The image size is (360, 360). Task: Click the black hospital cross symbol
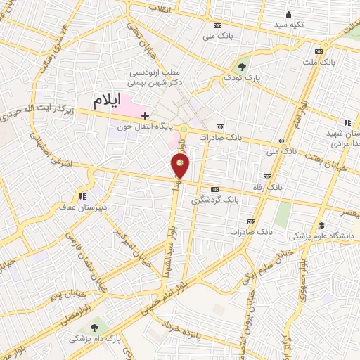[146, 115]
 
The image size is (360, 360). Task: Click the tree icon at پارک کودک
[243, 66]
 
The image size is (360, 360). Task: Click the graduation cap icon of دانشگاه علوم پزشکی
[321, 225]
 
